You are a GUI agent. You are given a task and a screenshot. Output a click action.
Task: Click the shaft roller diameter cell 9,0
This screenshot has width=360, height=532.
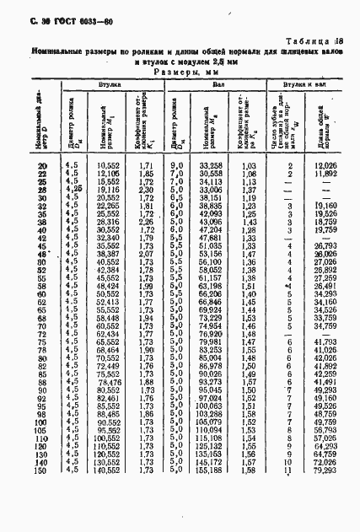point(177,165)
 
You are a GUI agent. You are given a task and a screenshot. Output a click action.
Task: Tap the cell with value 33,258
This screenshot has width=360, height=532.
point(214,165)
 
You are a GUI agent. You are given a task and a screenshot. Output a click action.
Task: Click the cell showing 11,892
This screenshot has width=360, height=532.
point(325,173)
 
